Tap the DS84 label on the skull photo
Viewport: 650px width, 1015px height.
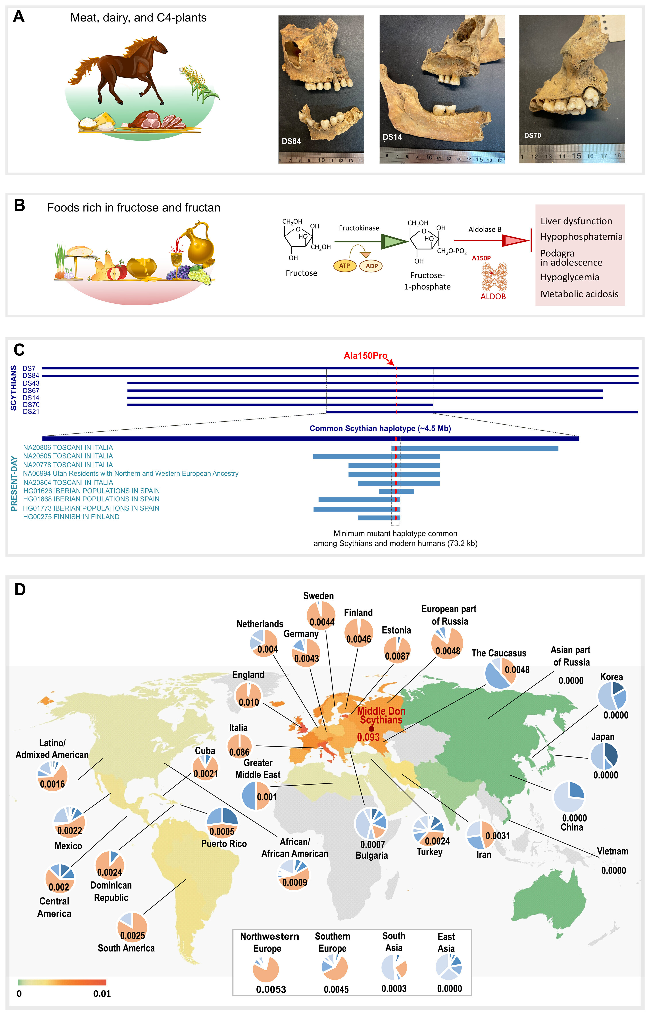click(291, 141)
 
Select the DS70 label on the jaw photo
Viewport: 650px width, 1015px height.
click(532, 136)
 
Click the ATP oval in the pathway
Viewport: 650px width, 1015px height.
click(344, 266)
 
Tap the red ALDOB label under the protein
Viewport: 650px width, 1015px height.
click(492, 297)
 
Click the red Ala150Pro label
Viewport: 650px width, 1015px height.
click(365, 356)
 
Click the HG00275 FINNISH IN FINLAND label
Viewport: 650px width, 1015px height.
click(71, 517)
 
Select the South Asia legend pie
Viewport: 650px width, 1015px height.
click(394, 967)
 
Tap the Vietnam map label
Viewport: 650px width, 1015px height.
click(612, 851)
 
